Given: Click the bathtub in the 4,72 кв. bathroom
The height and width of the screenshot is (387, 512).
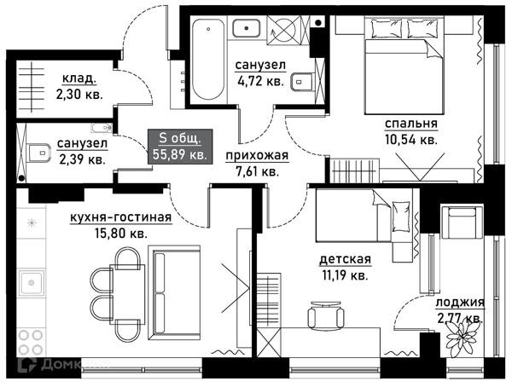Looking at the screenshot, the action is [208, 60].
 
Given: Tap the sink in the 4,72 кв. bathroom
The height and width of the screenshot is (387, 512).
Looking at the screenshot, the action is [247, 28].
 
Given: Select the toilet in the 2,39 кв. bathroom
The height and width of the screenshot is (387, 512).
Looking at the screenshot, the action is [39, 153].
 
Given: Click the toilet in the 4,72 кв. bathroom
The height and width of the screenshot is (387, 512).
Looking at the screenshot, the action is [302, 82].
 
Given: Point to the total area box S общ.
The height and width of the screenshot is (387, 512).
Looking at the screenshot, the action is [180, 147].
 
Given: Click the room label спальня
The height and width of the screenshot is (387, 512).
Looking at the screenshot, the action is [410, 124].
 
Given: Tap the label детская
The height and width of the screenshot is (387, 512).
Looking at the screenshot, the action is [345, 259].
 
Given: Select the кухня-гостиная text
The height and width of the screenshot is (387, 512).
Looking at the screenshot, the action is [121, 217].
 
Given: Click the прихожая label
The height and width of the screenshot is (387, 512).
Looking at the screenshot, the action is [258, 156].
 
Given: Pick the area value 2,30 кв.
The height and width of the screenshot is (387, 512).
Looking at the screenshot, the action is [79, 95].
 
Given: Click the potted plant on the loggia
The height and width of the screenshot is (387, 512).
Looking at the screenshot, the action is [462, 338].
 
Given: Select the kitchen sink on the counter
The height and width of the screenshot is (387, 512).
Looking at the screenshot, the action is [32, 283].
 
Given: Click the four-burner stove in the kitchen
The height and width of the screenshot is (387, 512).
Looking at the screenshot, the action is [31, 343].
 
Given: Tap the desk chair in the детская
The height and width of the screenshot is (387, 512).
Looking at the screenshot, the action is [326, 315].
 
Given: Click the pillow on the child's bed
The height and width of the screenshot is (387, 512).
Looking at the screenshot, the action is [401, 217].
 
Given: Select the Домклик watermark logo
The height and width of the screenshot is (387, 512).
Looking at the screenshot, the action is [65, 364].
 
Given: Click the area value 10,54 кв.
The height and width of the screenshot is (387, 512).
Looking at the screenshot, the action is [411, 140].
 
